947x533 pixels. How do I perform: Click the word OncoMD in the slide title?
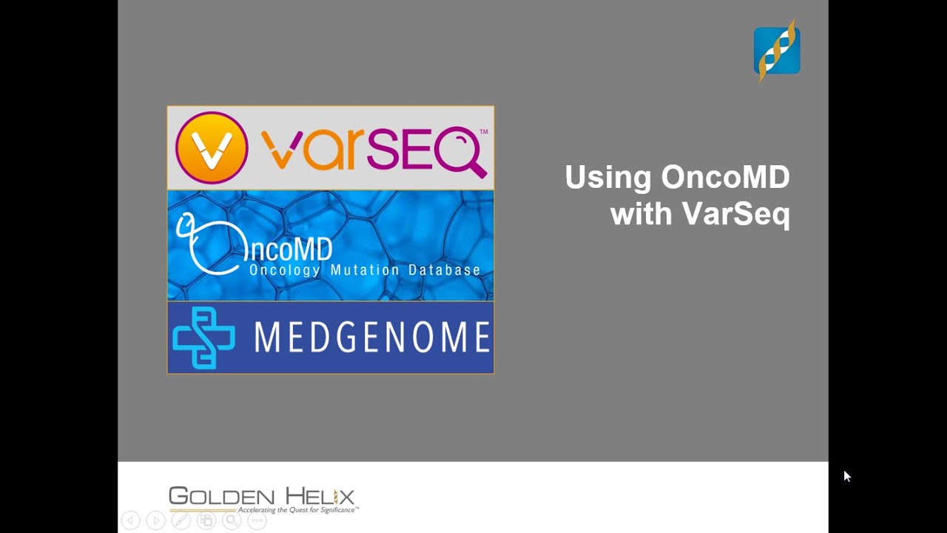pos(725,178)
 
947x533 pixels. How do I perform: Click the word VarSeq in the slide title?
pos(735,214)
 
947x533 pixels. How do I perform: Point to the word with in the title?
pos(641,214)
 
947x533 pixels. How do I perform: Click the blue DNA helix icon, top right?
pos(777,50)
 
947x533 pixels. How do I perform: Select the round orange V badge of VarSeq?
pos(212,147)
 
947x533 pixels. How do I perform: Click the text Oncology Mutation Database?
pos(365,270)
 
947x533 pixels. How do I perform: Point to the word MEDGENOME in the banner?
pos(372,338)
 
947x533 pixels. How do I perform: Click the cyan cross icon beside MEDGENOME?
pos(203,338)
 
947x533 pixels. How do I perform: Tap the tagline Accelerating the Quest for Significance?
pos(298,510)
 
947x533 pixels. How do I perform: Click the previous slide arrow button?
pos(130,520)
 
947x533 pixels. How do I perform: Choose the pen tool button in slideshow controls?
pos(181,520)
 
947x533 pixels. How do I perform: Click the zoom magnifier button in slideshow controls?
pos(232,520)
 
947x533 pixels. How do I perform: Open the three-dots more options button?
pos(257,520)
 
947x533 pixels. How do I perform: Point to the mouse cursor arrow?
pos(846,476)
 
